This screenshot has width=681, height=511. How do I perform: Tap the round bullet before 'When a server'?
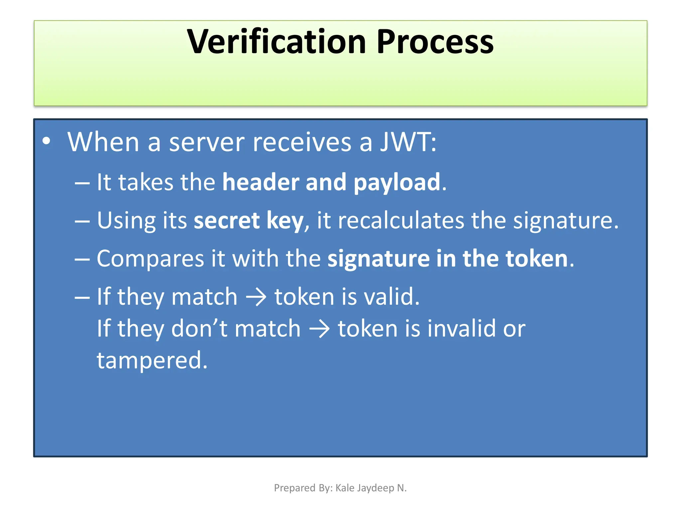[x=47, y=141]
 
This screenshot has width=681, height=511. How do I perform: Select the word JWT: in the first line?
[x=408, y=142]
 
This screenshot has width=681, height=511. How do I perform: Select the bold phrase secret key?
[x=248, y=221]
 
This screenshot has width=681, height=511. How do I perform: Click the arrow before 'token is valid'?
[x=256, y=297]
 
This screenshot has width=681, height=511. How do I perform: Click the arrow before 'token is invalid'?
[x=319, y=329]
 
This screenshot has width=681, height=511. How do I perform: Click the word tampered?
[x=152, y=361]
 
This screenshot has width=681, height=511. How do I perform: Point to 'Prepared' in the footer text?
[x=290, y=488]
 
